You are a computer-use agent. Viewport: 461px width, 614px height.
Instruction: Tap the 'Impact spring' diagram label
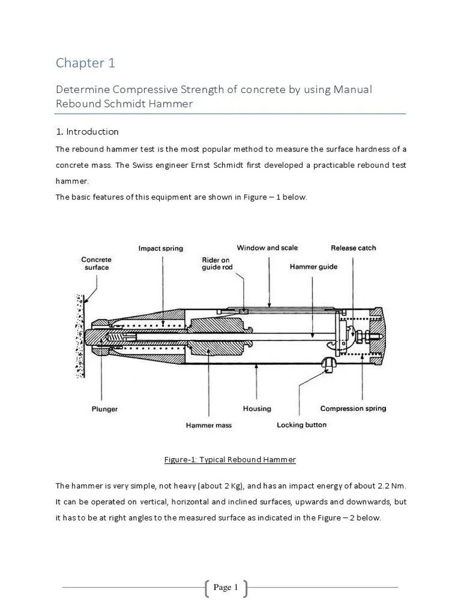click(x=161, y=248)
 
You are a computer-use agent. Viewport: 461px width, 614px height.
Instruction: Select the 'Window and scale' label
click(x=267, y=248)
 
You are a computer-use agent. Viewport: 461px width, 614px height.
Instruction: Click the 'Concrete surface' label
click(x=96, y=263)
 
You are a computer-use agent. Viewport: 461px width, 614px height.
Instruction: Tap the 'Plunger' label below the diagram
click(x=104, y=409)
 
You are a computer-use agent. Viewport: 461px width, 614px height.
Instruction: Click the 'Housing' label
click(x=257, y=408)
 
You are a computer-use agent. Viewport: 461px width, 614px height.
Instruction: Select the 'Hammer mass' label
click(x=209, y=425)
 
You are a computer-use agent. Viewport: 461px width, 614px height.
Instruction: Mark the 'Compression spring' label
click(x=353, y=408)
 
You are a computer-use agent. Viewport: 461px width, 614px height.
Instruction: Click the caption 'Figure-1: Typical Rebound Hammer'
click(x=230, y=460)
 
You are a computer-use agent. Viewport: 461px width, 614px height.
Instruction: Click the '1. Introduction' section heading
click(x=87, y=132)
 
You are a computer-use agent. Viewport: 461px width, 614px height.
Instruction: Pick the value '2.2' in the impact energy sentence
click(x=380, y=484)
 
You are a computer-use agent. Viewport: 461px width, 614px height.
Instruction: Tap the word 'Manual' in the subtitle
click(x=353, y=89)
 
